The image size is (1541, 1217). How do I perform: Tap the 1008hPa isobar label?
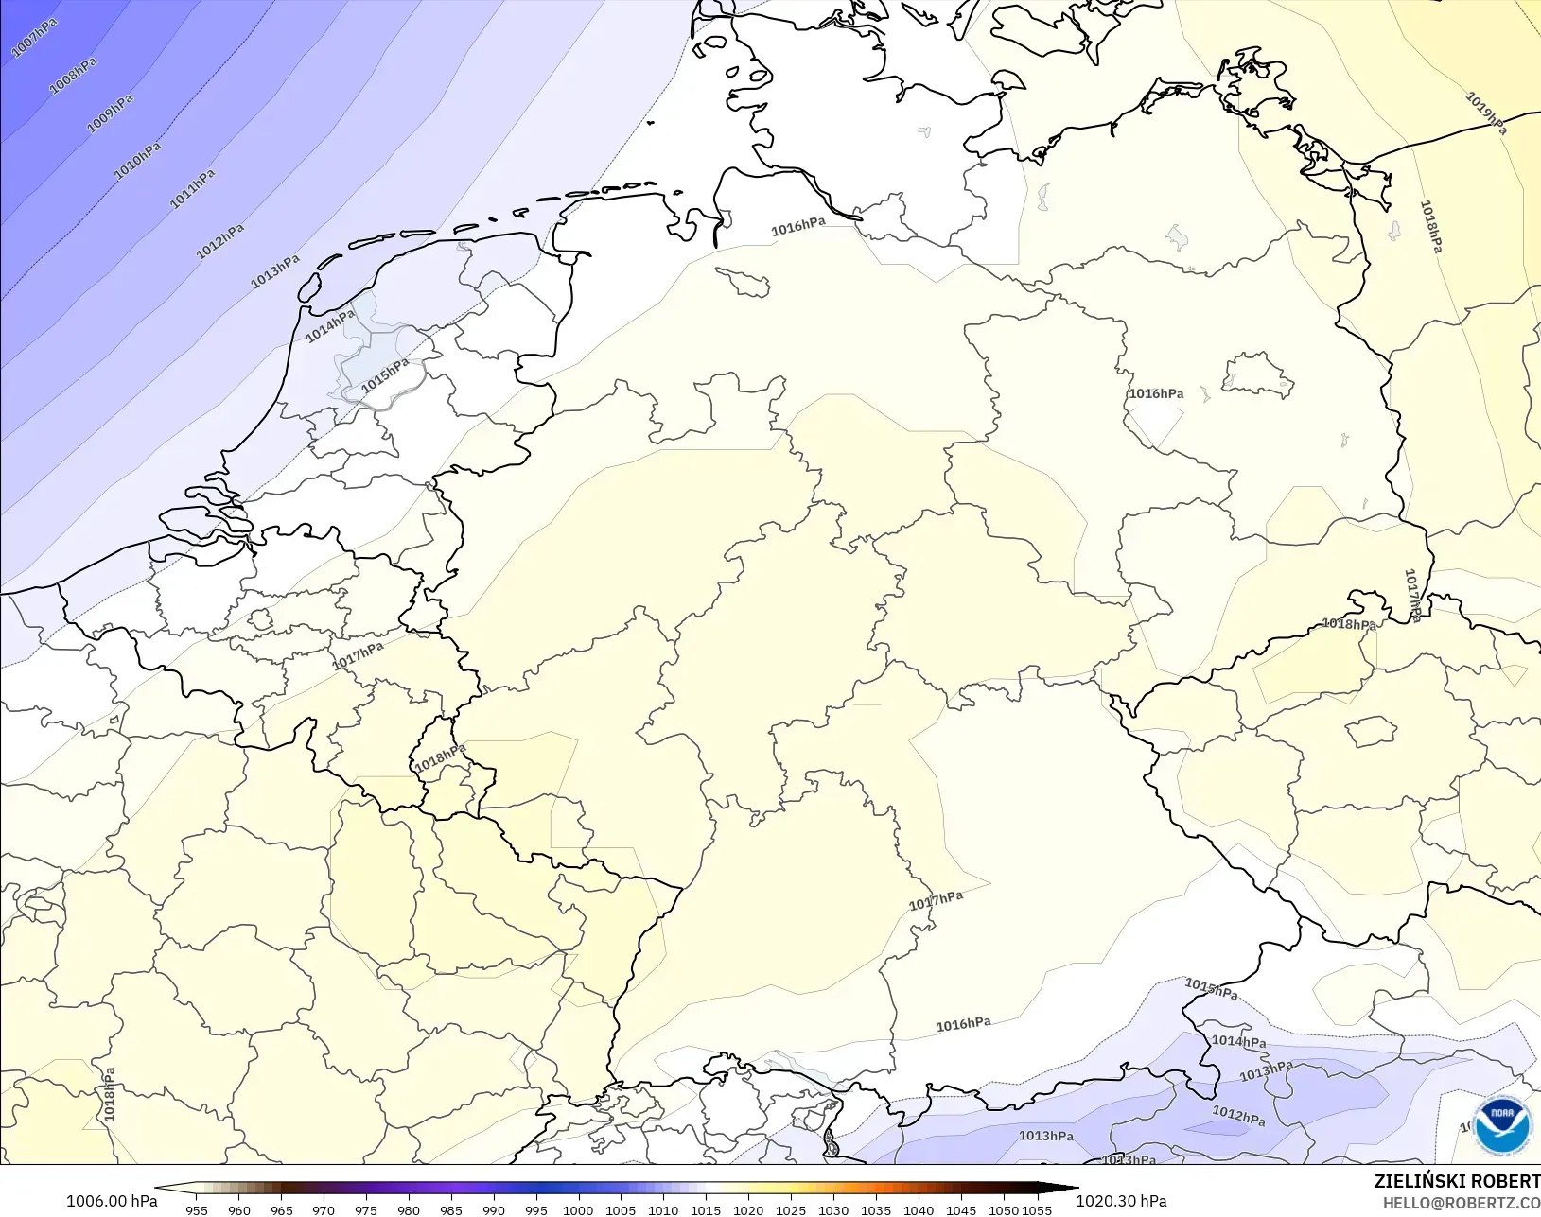[x=74, y=76]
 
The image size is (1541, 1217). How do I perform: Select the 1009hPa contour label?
[x=111, y=113]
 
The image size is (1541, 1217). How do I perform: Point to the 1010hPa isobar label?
[x=138, y=160]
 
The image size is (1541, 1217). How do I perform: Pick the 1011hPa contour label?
[x=193, y=188]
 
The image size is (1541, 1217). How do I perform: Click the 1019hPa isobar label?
[x=1486, y=113]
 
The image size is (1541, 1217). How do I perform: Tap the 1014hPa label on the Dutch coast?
[x=330, y=325]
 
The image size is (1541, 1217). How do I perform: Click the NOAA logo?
[x=1501, y=1124]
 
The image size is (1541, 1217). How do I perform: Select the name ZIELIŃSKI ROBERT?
[x=1457, y=1181]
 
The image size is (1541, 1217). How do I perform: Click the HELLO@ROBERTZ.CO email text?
[x=1462, y=1203]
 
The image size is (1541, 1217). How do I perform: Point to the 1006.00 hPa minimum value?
[x=112, y=1201]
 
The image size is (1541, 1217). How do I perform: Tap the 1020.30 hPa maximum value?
[x=1121, y=1201]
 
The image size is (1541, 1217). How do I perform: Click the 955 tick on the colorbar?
[x=197, y=1209]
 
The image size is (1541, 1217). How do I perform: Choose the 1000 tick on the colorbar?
[x=578, y=1209]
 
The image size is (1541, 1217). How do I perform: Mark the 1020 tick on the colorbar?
[x=748, y=1209]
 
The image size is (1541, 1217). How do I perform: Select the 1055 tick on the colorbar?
[x=1038, y=1209]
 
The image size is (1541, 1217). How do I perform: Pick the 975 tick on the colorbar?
[x=366, y=1209]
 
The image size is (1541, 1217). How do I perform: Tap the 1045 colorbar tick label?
[x=960, y=1209]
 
